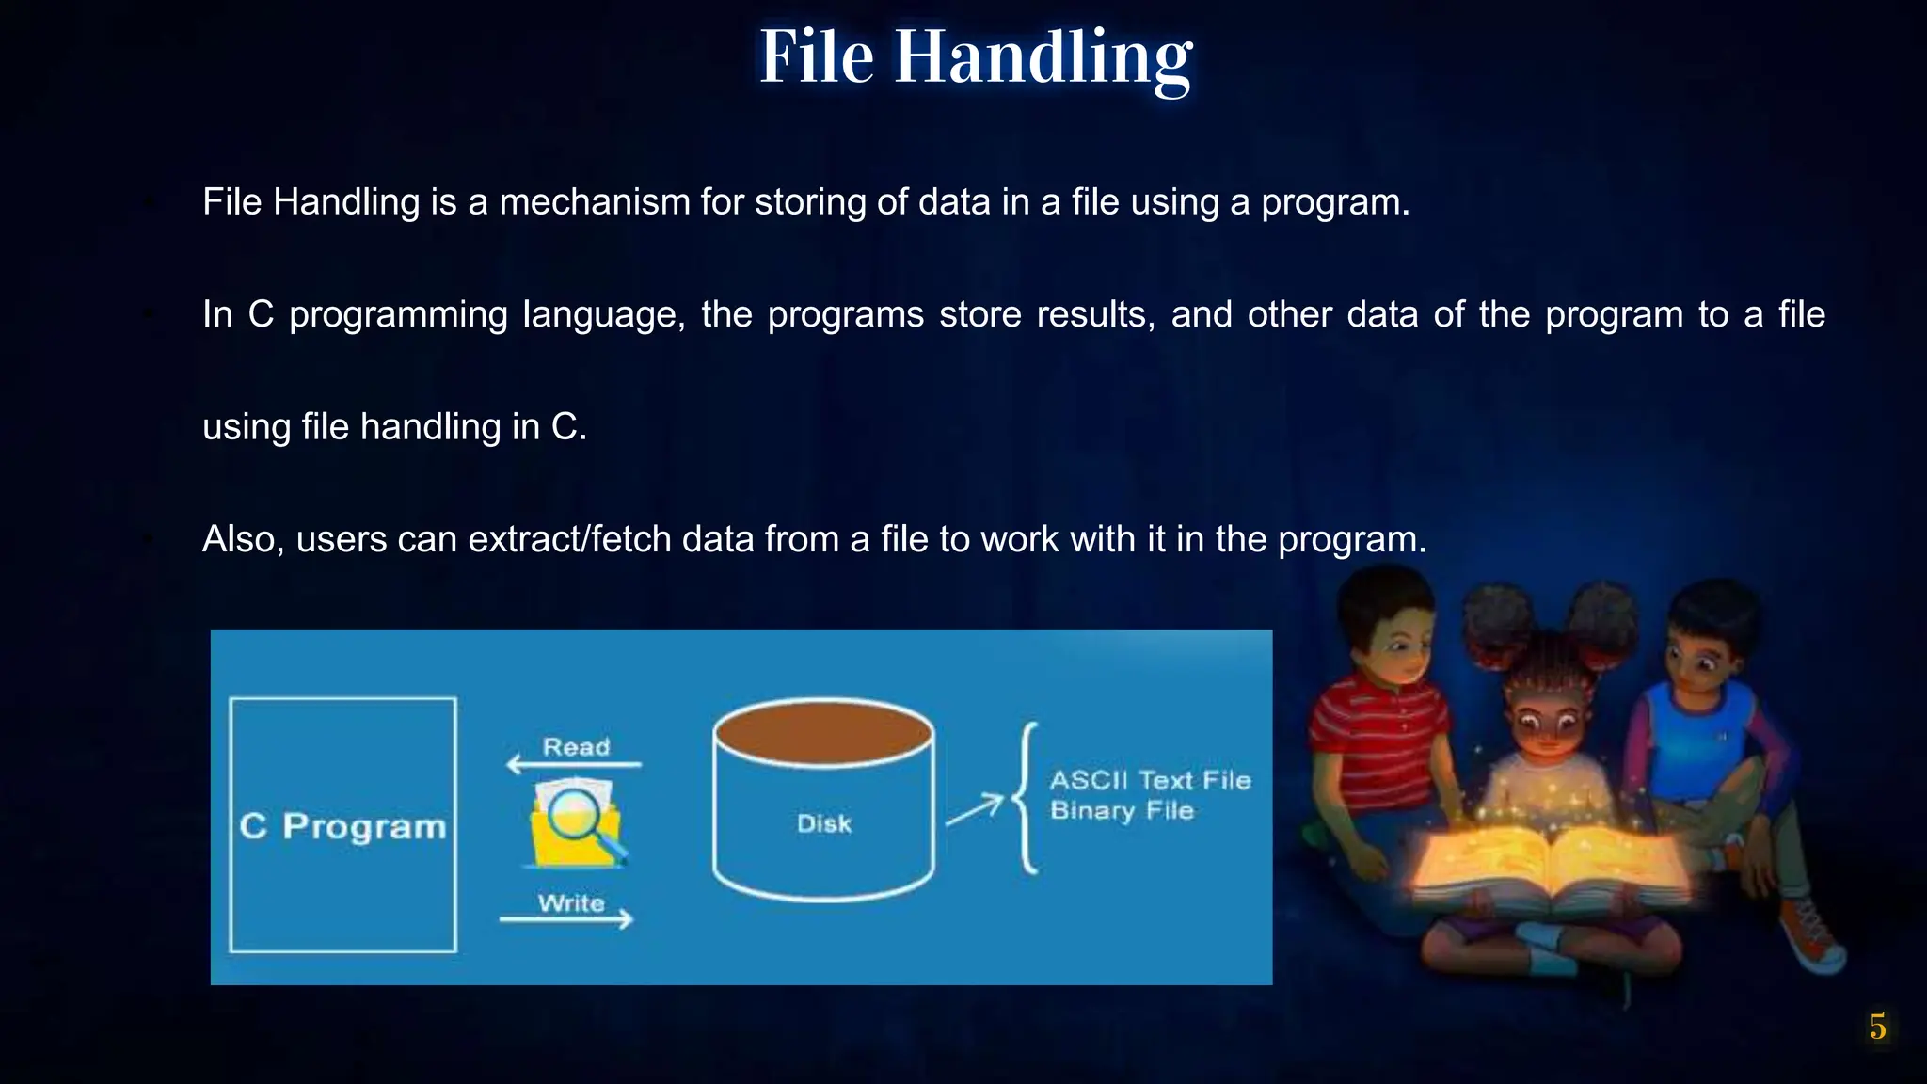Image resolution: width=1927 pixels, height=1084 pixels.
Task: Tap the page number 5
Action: point(1877,1027)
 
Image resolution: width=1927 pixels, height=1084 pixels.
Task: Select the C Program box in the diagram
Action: point(342,825)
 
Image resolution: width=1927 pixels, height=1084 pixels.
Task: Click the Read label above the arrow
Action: point(576,747)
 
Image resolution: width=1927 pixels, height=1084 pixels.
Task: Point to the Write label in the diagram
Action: point(571,903)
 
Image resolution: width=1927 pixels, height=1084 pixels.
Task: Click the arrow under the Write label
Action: point(566,919)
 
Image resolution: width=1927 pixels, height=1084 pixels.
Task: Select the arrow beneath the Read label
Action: point(573,764)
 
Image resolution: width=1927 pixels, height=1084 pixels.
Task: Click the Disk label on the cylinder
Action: point(823,823)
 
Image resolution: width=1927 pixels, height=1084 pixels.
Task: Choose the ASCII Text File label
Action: point(1150,780)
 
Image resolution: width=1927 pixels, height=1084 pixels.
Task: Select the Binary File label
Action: point(1122,810)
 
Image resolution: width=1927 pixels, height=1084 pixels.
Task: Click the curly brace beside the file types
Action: point(1027,798)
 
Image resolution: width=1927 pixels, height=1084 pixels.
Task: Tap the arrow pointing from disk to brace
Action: point(974,809)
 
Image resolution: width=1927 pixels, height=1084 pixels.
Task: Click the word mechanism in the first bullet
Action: point(595,202)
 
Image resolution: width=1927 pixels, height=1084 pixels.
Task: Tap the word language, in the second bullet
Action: point(603,314)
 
